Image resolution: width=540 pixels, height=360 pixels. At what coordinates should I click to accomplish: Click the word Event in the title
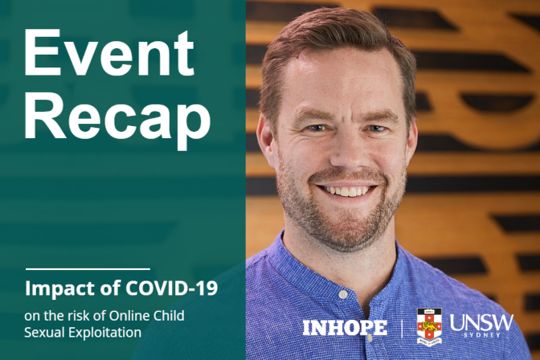coord(109,54)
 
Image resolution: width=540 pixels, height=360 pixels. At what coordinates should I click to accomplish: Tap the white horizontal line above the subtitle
coord(88,268)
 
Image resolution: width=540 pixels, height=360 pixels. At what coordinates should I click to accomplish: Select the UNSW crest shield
coord(429,326)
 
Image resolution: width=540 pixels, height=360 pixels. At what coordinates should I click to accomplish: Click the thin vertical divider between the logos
coord(403,327)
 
